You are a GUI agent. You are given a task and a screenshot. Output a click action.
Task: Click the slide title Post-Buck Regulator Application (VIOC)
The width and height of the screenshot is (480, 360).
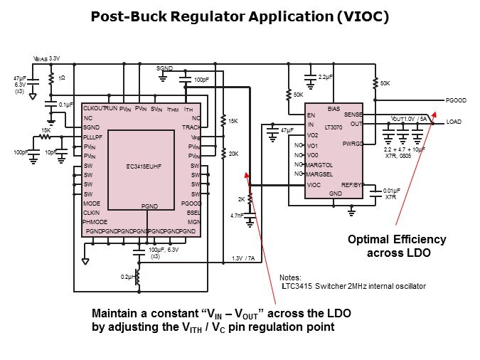(x=240, y=16)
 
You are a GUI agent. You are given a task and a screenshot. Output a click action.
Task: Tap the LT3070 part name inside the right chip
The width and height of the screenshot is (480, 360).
(x=334, y=126)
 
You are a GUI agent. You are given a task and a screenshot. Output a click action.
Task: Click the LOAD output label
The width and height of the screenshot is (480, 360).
(x=454, y=122)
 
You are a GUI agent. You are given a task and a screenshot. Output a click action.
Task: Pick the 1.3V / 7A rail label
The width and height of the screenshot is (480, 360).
(x=243, y=258)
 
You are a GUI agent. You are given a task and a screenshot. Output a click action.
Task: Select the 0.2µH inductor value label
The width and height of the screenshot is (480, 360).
(x=128, y=275)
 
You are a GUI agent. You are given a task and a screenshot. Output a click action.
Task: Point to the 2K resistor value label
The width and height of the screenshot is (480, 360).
(x=240, y=200)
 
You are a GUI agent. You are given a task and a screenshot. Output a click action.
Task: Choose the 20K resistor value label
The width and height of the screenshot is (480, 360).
(x=233, y=153)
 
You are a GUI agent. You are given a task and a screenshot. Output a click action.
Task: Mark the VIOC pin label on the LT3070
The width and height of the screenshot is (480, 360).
(x=313, y=185)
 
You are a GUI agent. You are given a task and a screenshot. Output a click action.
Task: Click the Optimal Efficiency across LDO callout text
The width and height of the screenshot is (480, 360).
(x=396, y=245)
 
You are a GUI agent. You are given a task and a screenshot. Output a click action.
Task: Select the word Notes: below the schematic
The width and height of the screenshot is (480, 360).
(x=290, y=277)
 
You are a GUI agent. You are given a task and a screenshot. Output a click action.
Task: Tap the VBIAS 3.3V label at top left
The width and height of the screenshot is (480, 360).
(x=48, y=58)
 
